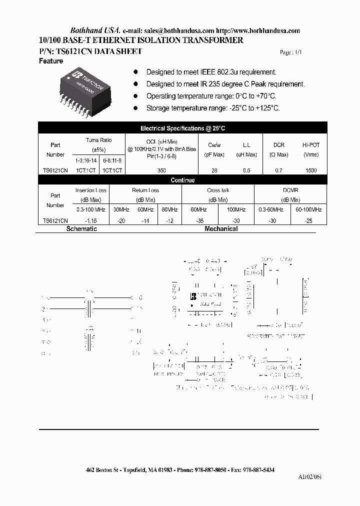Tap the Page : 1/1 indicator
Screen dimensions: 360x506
point(291,52)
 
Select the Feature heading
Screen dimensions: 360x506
point(51,61)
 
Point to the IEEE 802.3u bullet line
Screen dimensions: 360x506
point(211,72)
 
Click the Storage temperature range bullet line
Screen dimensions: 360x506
point(212,108)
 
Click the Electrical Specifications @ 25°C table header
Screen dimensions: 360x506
point(182,128)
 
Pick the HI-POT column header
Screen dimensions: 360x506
point(311,144)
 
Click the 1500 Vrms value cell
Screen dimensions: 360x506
point(311,170)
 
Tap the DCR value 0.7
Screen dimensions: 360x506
point(278,170)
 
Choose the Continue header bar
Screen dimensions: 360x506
point(182,180)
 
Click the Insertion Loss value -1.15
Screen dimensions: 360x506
point(90,220)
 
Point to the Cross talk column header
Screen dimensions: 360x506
point(217,190)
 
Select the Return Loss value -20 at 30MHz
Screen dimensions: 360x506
point(120,220)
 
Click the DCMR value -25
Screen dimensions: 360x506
point(308,220)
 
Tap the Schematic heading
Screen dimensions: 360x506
point(82,229)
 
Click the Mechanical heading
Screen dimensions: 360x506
point(221,229)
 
